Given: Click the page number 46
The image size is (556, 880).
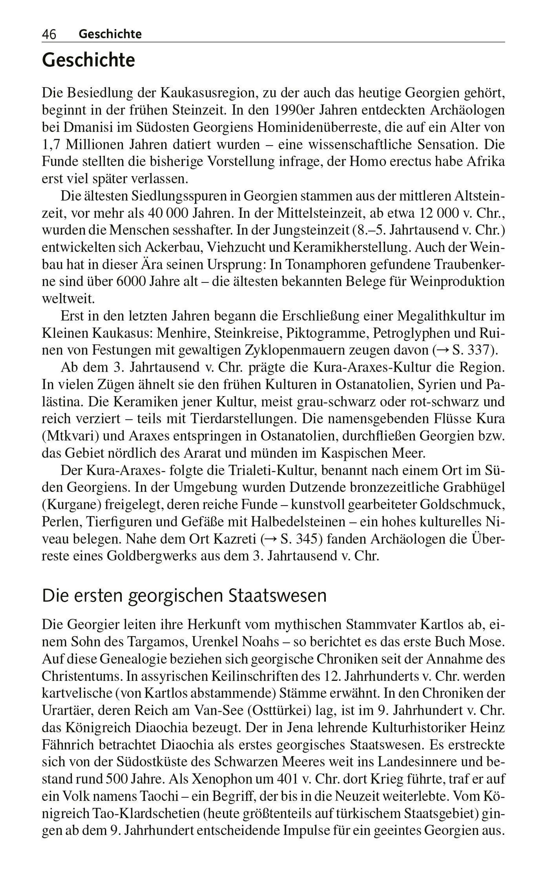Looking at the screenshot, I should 49,34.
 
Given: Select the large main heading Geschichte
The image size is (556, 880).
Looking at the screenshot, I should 88,60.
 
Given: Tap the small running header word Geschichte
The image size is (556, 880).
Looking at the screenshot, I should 110,34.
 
